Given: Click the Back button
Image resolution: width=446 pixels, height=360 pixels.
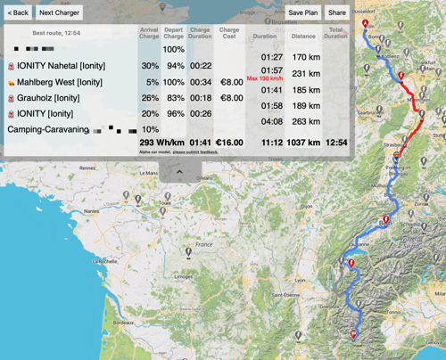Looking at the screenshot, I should [18, 13].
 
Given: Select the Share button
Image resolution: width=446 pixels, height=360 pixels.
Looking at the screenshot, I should [336, 13].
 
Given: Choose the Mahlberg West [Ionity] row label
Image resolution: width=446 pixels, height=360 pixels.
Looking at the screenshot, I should [60, 82].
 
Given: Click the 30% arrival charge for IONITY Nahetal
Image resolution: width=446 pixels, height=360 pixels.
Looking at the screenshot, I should [149, 66].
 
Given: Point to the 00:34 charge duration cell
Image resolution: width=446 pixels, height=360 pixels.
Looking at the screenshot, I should [201, 82].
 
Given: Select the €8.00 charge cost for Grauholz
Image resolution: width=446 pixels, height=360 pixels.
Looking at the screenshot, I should [231, 98].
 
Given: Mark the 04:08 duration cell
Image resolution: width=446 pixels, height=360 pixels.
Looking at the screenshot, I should [271, 122].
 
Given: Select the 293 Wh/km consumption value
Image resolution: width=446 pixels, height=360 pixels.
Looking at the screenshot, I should [160, 142].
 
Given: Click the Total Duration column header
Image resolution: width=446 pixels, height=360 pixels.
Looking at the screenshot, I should [336, 35].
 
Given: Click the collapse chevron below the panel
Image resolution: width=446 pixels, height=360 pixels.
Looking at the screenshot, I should [179, 169].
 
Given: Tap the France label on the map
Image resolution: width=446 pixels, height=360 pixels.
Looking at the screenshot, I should [205, 244].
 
